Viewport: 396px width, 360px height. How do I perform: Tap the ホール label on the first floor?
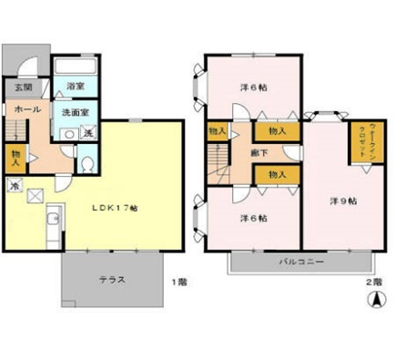coord(25,108)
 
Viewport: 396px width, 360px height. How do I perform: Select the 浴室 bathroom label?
coord(76,86)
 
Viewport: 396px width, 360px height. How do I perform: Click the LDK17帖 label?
coord(113,208)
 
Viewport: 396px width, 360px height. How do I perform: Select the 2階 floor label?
coord(373,282)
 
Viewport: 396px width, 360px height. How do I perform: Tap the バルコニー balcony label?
coord(298,262)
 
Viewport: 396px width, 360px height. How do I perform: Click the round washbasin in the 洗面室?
coord(66,133)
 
